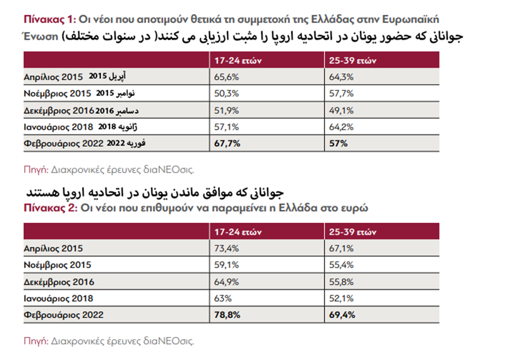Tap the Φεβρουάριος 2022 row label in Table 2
point(64,316)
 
